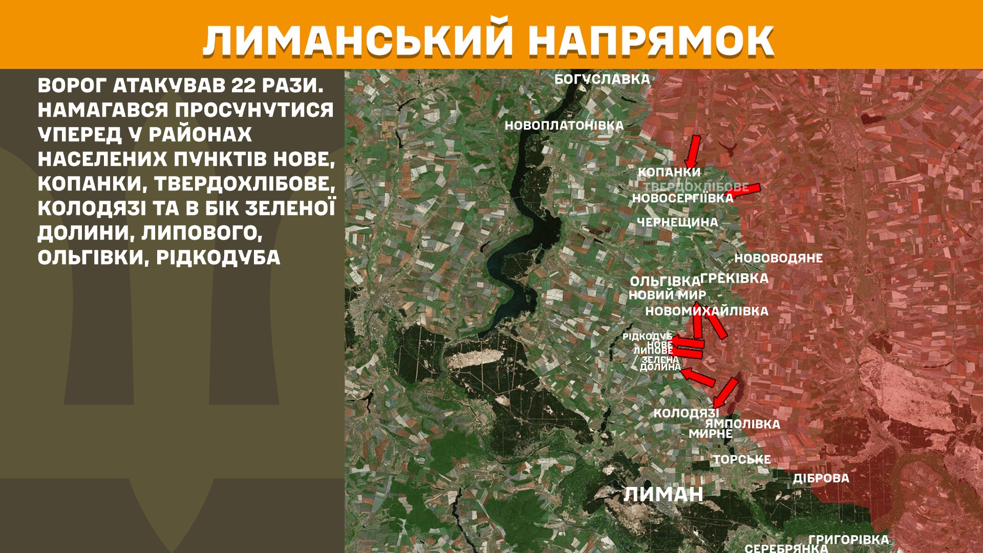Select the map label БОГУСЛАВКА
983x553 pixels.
(602, 79)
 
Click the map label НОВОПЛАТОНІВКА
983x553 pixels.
(564, 125)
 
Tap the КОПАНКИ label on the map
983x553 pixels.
(669, 172)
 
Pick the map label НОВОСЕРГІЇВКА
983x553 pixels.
(682, 198)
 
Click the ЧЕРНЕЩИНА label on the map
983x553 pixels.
(677, 222)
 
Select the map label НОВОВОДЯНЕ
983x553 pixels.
(778, 258)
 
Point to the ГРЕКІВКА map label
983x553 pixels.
(734, 279)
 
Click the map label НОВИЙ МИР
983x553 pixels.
(667, 295)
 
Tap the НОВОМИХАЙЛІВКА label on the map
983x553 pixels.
(707, 311)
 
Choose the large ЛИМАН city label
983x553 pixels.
(663, 494)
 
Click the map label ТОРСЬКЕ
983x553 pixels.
(742, 459)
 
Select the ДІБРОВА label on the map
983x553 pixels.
(821, 478)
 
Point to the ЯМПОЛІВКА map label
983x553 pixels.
(742, 424)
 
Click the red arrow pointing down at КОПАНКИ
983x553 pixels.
(693, 151)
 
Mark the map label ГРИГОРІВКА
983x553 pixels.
(848, 540)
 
